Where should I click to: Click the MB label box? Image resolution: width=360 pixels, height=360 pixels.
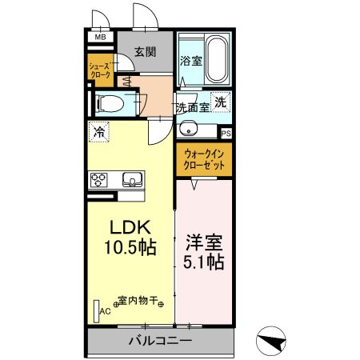100,37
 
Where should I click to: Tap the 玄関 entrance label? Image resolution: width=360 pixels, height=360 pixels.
145,52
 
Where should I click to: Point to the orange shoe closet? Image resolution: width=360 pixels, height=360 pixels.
99,69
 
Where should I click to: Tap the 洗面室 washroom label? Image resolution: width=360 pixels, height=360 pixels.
193,106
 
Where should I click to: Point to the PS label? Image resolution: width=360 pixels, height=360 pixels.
226,133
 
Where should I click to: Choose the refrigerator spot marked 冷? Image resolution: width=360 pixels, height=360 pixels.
99,131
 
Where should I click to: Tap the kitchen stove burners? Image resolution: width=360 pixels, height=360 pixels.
99,179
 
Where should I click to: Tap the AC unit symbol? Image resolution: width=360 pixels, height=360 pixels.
97,310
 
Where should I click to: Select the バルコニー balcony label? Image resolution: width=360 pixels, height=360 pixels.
160,342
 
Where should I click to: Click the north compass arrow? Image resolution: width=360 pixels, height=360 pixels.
274,340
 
